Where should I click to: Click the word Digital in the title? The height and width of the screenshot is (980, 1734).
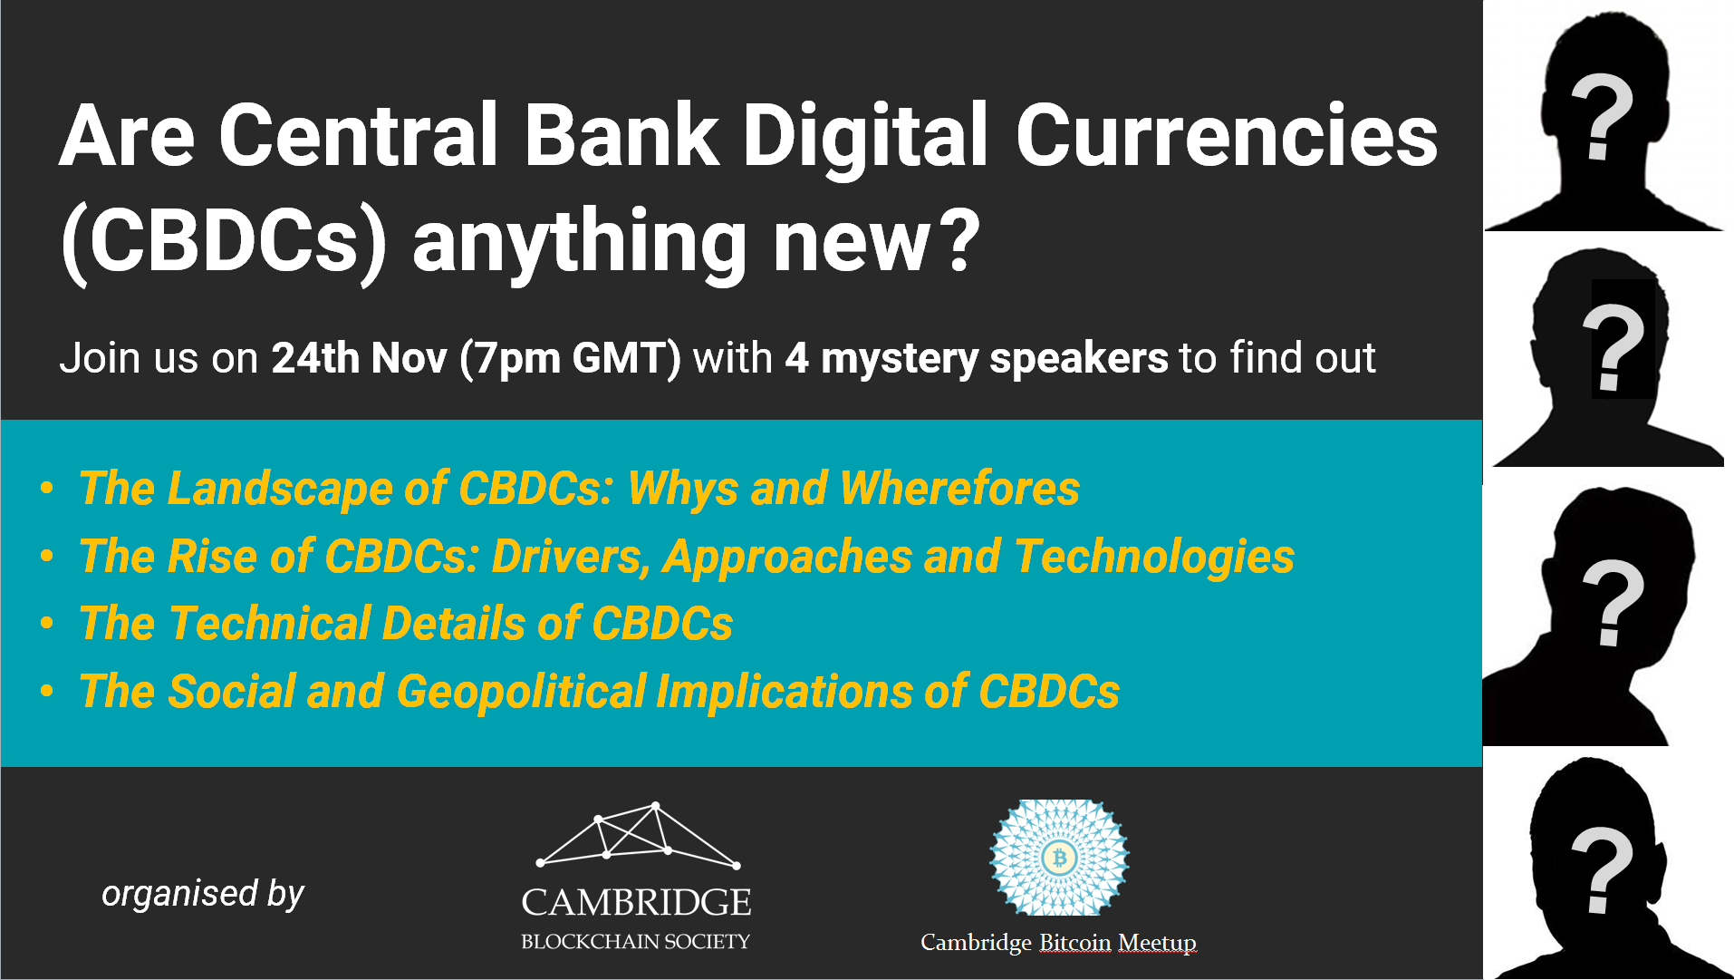click(864, 137)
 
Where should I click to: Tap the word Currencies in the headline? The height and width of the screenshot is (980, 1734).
click(1227, 135)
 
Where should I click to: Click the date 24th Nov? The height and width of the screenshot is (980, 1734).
click(360, 357)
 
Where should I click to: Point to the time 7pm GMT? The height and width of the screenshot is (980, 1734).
click(570, 358)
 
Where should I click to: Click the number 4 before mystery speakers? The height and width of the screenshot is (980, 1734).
click(796, 357)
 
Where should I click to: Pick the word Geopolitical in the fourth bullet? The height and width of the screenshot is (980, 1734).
click(520, 692)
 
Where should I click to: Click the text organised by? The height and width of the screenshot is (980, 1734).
click(203, 894)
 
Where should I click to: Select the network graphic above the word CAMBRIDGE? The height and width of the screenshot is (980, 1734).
click(639, 835)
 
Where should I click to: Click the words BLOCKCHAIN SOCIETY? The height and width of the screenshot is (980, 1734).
click(636, 942)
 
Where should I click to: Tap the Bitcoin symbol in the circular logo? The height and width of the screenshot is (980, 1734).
click(1059, 857)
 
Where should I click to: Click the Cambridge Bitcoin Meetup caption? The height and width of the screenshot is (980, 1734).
click(1058, 943)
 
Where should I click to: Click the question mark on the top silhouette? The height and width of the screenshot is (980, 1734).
click(1602, 117)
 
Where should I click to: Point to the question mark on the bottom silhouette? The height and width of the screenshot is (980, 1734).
click(1602, 870)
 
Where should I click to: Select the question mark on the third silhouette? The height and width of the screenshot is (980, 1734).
click(1613, 603)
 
